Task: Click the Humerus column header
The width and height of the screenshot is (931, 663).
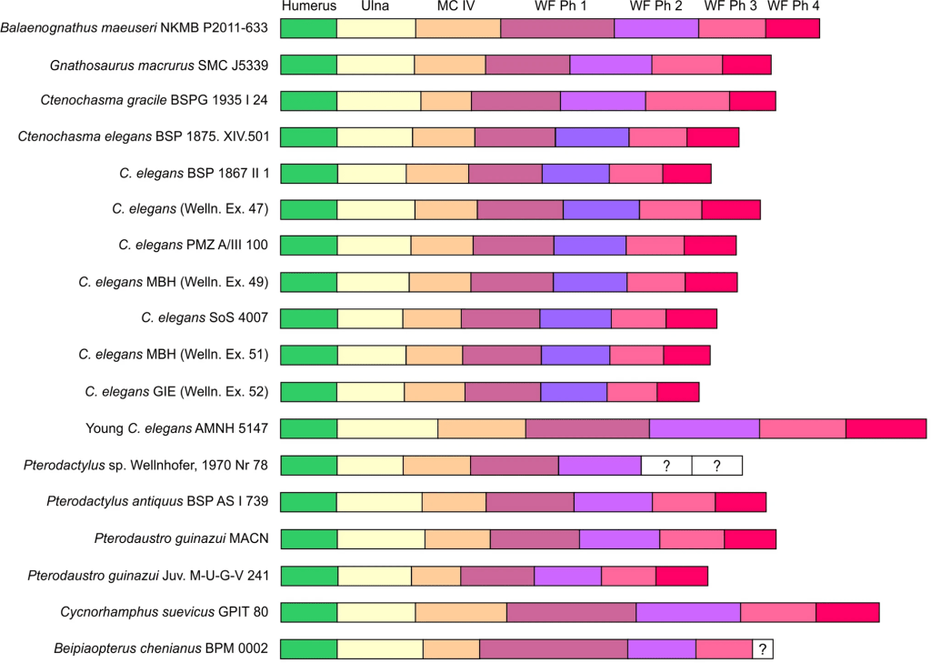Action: pos(309,6)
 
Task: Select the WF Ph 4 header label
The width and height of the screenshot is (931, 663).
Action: pos(793,6)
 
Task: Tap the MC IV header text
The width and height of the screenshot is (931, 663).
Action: pos(456,6)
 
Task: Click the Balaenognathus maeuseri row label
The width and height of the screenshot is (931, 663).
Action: pos(135,28)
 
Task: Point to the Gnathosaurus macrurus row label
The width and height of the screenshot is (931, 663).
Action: pos(159,65)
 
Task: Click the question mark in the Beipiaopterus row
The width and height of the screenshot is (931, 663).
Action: pos(763,648)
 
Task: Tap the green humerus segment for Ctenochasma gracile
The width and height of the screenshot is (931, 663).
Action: pos(308,101)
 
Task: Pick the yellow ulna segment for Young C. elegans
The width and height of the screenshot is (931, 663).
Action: pos(387,429)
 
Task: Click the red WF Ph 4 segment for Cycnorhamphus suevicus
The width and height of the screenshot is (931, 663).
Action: pos(847,611)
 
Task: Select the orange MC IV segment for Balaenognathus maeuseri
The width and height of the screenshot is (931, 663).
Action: pos(458,28)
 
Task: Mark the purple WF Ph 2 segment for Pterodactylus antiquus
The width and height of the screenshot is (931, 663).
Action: pos(613,502)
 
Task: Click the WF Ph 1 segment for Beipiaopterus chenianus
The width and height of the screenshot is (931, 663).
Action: pos(553,648)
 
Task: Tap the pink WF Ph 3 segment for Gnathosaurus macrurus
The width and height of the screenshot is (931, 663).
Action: pos(686,65)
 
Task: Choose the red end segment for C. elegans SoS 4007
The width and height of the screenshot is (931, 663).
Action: pos(691,319)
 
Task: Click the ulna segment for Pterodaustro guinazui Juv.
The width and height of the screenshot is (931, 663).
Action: pos(374,575)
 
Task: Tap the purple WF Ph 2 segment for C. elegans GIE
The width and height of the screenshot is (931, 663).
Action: pos(574,392)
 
